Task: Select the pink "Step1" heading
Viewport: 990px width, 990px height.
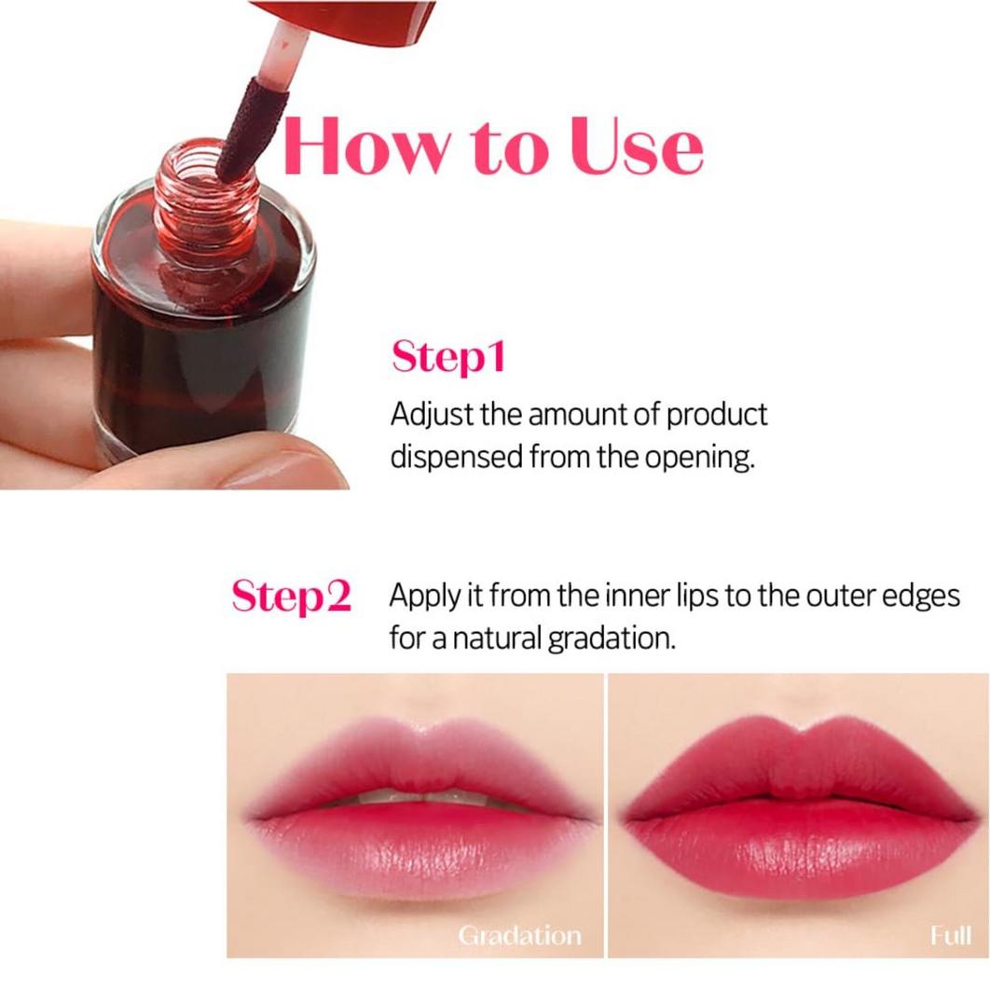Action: pyautogui.click(x=447, y=357)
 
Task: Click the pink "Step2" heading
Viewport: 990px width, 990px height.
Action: pyautogui.click(x=291, y=597)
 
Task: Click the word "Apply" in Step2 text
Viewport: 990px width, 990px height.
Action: pyautogui.click(x=423, y=597)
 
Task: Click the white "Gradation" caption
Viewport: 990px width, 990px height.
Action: pyautogui.click(x=519, y=936)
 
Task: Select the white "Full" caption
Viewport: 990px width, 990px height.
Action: pyautogui.click(x=950, y=936)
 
